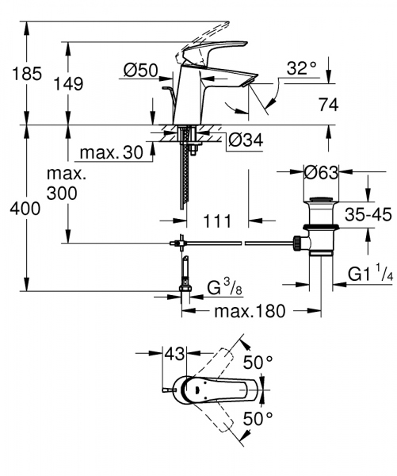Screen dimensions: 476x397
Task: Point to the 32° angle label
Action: pyautogui.click(x=301, y=69)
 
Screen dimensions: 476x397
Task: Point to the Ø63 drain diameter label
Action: pyautogui.click(x=323, y=172)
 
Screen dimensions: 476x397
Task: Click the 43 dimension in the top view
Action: pyautogui.click(x=174, y=351)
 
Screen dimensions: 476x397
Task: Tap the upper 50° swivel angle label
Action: pyautogui.click(x=258, y=363)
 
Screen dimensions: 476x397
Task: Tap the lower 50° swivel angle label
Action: pyautogui.click(x=258, y=417)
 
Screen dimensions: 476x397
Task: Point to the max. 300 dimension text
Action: pyautogui.click(x=67, y=182)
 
